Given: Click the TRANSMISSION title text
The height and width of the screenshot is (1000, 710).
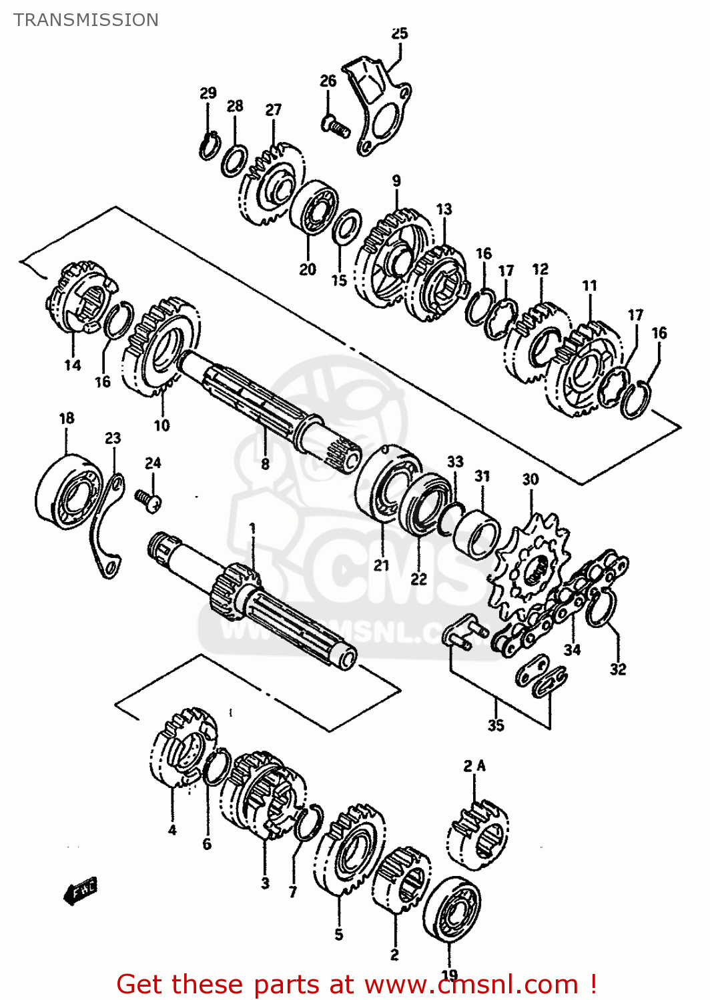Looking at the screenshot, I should tap(86, 20).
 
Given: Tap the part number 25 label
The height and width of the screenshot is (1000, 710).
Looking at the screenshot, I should tap(399, 33).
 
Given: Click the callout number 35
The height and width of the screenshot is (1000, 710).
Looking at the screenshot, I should tap(495, 725).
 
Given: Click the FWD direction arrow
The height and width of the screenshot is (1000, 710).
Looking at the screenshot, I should tap(81, 890).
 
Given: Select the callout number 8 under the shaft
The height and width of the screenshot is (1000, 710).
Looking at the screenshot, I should tap(265, 464).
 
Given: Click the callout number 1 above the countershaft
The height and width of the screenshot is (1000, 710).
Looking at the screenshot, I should tap(252, 529).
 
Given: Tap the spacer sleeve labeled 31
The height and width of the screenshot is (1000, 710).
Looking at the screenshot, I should tap(476, 534).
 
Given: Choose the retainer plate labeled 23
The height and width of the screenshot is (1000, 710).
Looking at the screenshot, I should tap(107, 527).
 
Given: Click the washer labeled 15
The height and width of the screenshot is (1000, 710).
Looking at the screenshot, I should tap(346, 227).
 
